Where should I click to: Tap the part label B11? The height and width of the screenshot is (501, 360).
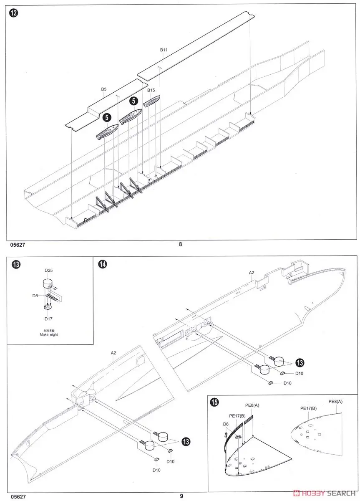(x=164, y=50)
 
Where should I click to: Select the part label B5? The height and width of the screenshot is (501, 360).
(x=104, y=89)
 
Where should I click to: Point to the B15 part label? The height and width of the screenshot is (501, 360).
(x=151, y=90)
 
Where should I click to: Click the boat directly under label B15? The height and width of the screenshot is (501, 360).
(x=151, y=101)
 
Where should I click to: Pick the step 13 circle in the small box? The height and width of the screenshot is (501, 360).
(x=16, y=265)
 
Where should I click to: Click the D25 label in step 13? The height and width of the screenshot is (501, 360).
(x=49, y=271)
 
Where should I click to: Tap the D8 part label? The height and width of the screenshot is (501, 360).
(x=35, y=296)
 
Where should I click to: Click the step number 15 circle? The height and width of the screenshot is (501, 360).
(x=214, y=402)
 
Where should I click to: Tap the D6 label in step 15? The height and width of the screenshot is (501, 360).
(x=225, y=424)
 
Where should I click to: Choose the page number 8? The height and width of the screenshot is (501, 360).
(x=180, y=245)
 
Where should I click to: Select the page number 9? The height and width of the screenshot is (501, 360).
(x=181, y=496)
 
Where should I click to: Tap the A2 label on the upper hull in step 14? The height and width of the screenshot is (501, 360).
(x=252, y=273)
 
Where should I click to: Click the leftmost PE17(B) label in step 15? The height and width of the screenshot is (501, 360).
(x=237, y=416)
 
